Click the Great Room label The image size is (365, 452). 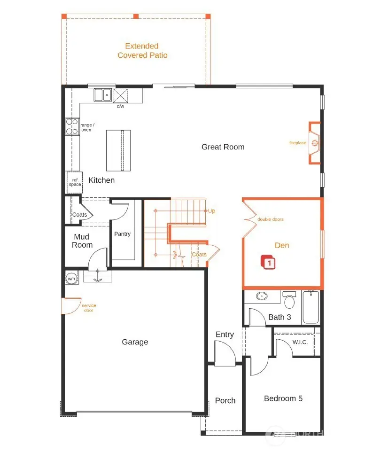click(x=223, y=147)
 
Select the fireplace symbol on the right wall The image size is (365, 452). click(x=315, y=143)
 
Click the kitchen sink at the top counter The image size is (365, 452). click(x=102, y=95)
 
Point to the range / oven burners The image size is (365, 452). click(x=71, y=126)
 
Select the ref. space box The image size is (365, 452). click(x=75, y=182)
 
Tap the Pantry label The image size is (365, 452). click(x=122, y=234)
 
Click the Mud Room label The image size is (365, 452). click(x=82, y=241)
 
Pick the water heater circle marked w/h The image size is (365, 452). click(x=71, y=278)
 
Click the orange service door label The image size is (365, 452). click(x=89, y=308)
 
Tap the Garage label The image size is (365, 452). click(x=135, y=342)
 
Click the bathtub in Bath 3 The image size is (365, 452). click(x=311, y=307)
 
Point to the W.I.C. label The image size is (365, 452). click(x=299, y=342)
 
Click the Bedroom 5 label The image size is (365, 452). click(x=283, y=398)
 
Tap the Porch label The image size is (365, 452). click(x=225, y=400)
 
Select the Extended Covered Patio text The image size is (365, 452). click(x=142, y=51)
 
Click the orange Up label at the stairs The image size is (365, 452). click(x=211, y=211)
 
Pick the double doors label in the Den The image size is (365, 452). click(x=270, y=219)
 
